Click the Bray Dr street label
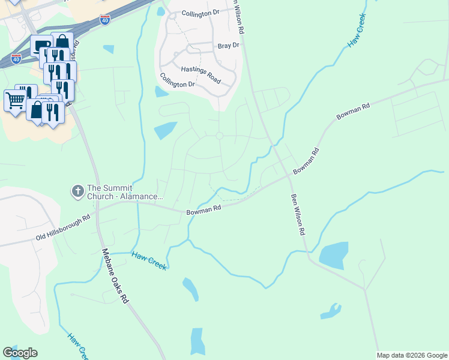[x=228, y=46]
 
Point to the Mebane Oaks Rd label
[x=115, y=275]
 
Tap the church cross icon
[x=77, y=191]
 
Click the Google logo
[x=20, y=353]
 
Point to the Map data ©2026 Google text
[x=412, y=355]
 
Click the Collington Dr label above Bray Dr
[x=200, y=13]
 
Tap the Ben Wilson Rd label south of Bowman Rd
[x=298, y=214]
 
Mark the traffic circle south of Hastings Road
[x=220, y=136]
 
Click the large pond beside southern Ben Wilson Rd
[x=334, y=254]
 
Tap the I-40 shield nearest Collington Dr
[x=105, y=20]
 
